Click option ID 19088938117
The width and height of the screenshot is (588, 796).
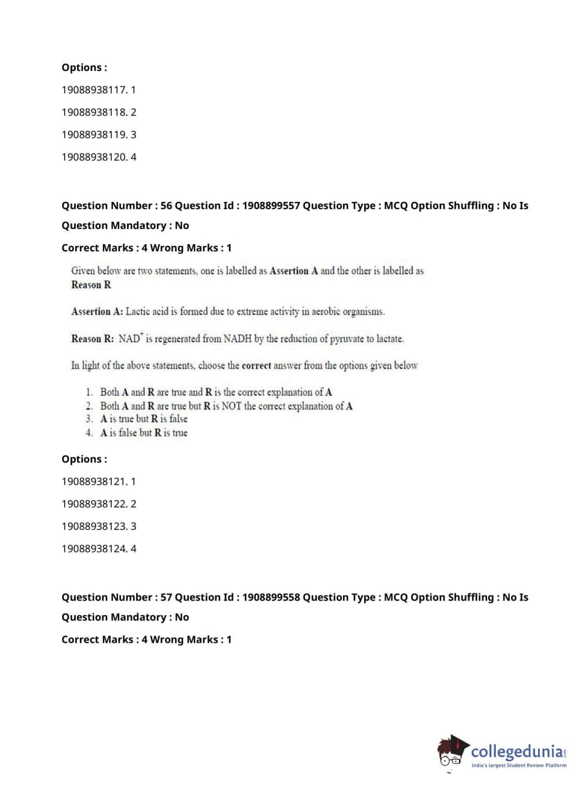pyautogui.click(x=99, y=90)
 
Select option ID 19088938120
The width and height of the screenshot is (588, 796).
pyautogui.click(x=99, y=157)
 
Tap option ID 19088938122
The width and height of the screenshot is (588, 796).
pyautogui.click(x=99, y=504)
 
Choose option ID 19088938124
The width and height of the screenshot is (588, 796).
pyautogui.click(x=99, y=549)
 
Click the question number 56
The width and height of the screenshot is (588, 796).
pyautogui.click(x=166, y=205)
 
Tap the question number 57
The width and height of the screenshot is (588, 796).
pyautogui.click(x=166, y=597)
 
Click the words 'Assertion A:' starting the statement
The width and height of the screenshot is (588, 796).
pyautogui.click(x=97, y=312)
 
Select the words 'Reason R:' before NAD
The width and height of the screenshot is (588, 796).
pyautogui.click(x=93, y=339)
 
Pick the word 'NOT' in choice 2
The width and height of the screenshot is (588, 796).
pyautogui.click(x=231, y=406)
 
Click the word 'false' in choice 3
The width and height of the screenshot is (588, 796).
pyautogui.click(x=178, y=419)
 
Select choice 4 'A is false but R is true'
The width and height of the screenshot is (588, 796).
pyautogui.click(x=144, y=433)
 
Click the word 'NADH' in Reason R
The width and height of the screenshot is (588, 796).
pyautogui.click(x=237, y=339)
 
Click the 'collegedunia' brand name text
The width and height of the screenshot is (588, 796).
pyautogui.click(x=517, y=751)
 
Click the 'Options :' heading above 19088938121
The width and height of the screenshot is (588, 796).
pyautogui.click(x=85, y=459)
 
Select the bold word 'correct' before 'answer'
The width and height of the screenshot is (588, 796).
pyautogui.click(x=256, y=365)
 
